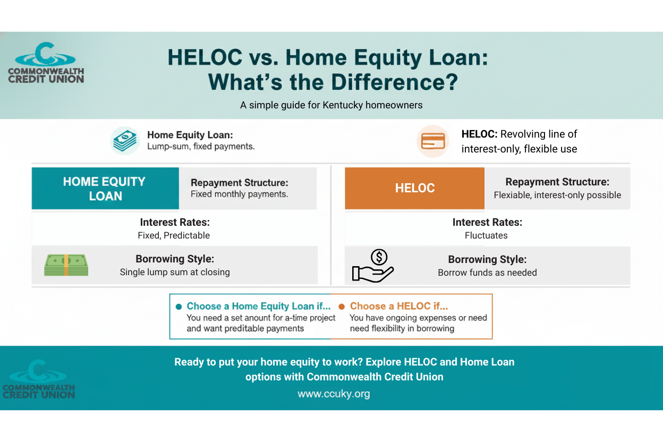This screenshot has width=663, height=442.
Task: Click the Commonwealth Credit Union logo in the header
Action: (x=46, y=63)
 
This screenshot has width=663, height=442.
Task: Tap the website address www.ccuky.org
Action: (x=334, y=394)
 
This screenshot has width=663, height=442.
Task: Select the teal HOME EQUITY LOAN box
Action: (x=105, y=189)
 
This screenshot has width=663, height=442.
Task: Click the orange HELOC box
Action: (x=414, y=188)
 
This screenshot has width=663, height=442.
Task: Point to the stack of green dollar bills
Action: (x=66, y=265)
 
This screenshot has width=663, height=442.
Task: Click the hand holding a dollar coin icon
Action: (x=373, y=266)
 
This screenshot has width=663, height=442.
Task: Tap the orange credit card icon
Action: (x=432, y=141)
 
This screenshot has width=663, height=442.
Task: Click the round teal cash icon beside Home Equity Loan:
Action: (x=125, y=141)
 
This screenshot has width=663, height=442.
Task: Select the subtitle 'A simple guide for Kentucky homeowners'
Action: (x=331, y=105)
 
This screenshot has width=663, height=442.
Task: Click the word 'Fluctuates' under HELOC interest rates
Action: (x=486, y=235)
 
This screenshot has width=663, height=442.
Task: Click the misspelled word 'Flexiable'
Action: (x=513, y=195)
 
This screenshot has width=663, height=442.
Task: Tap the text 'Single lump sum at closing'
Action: (x=175, y=272)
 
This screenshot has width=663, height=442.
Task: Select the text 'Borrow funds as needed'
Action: (x=487, y=273)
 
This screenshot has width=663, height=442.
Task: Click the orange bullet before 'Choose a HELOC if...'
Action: (x=342, y=307)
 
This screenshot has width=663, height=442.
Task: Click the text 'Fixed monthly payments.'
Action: (x=240, y=194)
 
